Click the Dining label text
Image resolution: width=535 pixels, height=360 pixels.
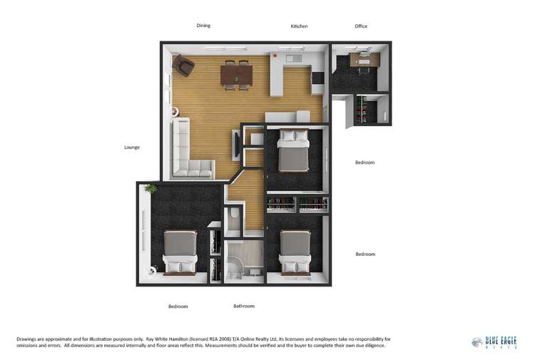pyautogui.click(x=203, y=26)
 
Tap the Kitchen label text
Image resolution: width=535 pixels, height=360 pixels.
pyautogui.click(x=299, y=26)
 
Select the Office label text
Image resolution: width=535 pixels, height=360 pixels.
pyautogui.click(x=361, y=26)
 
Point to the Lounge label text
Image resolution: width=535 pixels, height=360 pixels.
pyautogui.click(x=131, y=148)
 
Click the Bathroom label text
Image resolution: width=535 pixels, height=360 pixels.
pyautogui.click(x=244, y=306)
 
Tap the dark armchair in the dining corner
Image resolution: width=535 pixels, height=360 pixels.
pyautogui.click(x=184, y=66)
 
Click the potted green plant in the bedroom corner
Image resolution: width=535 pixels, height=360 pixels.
pyautogui.click(x=151, y=189)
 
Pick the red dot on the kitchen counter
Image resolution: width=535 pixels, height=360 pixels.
pyautogui.click(x=275, y=56)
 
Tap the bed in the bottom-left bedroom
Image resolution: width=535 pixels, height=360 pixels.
pyautogui.click(x=180, y=252)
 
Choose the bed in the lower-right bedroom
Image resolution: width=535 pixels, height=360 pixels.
pyautogui.click(x=295, y=251)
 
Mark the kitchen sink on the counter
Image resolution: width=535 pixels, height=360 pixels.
pyautogui.click(x=295, y=56)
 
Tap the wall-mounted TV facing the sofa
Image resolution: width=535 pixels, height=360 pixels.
pyautogui.click(x=236, y=145)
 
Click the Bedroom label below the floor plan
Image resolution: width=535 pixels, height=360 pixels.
pyautogui.click(x=178, y=307)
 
